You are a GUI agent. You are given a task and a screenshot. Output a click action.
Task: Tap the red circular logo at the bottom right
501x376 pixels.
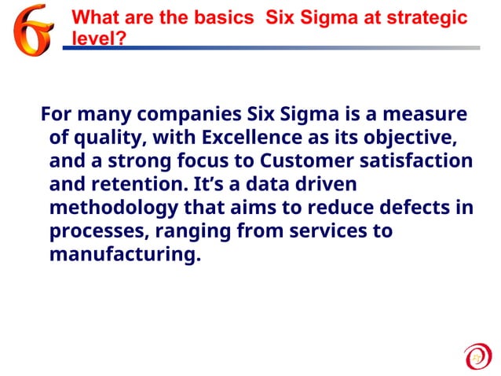pyautogui.click(x=477, y=356)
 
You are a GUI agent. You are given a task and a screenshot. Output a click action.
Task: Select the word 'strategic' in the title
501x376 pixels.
pyautogui.click(x=428, y=17)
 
